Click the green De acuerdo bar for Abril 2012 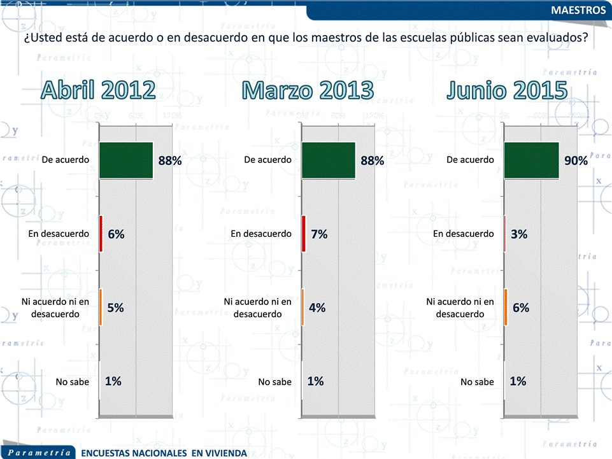[x=127, y=160]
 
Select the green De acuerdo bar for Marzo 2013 [x=329, y=160]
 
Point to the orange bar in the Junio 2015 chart [x=506, y=307]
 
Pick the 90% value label [x=576, y=160]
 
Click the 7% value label [x=319, y=234]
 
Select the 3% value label [x=519, y=234]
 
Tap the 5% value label [x=115, y=307]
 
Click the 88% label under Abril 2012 [x=170, y=160]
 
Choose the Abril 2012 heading [x=99, y=90]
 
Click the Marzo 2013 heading [x=308, y=90]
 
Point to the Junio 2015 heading [x=507, y=90]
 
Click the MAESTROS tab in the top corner [x=578, y=11]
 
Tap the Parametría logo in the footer [x=39, y=453]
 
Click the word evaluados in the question [x=557, y=38]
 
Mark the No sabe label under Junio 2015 [x=477, y=382]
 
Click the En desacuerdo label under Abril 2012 [x=59, y=234]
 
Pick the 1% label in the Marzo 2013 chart [x=315, y=381]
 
